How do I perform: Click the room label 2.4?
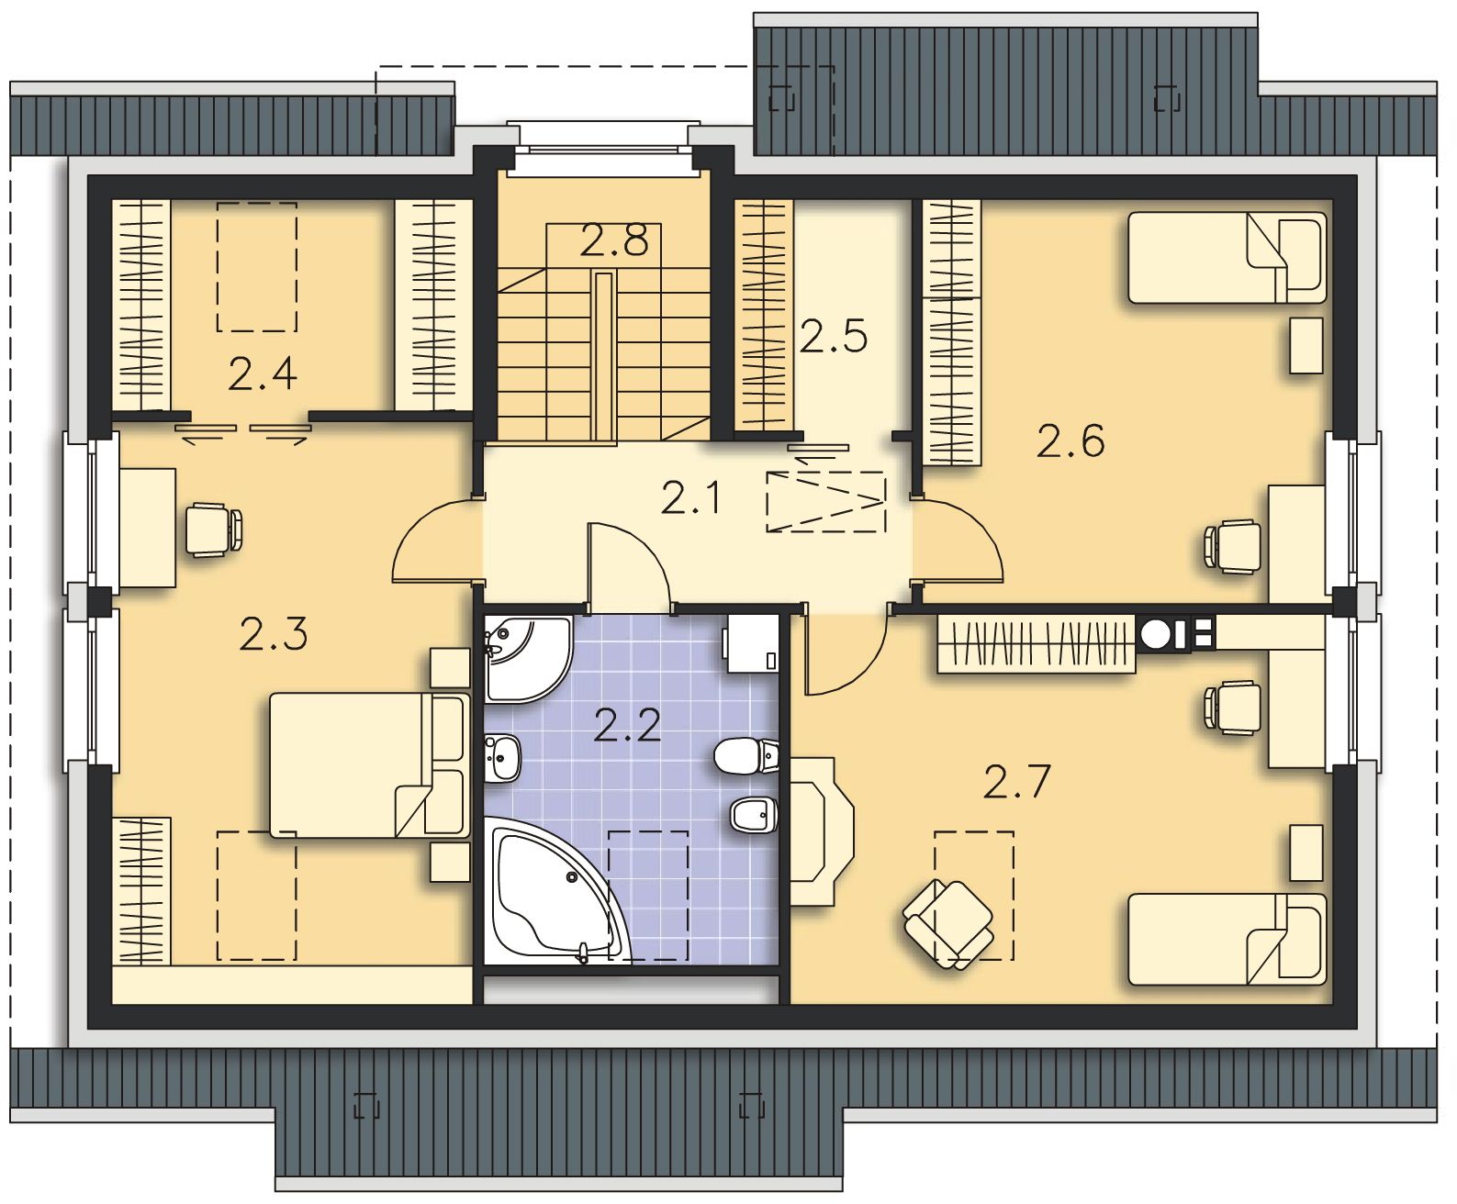pyautogui.click(x=263, y=373)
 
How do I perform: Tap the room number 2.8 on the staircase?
pyautogui.click(x=614, y=240)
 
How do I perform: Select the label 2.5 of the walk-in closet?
pyautogui.click(x=834, y=336)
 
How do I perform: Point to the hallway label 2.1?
pyautogui.click(x=690, y=498)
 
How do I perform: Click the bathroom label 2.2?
pyautogui.click(x=627, y=725)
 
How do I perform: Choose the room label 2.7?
pyautogui.click(x=1016, y=782)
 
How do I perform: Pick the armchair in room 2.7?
pyautogui.click(x=948, y=924)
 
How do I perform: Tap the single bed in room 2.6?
pyautogui.click(x=1227, y=258)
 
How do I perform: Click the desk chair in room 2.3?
pyautogui.click(x=214, y=530)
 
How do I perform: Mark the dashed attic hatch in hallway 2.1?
pyautogui.click(x=826, y=502)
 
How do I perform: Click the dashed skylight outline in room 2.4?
pyautogui.click(x=257, y=266)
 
